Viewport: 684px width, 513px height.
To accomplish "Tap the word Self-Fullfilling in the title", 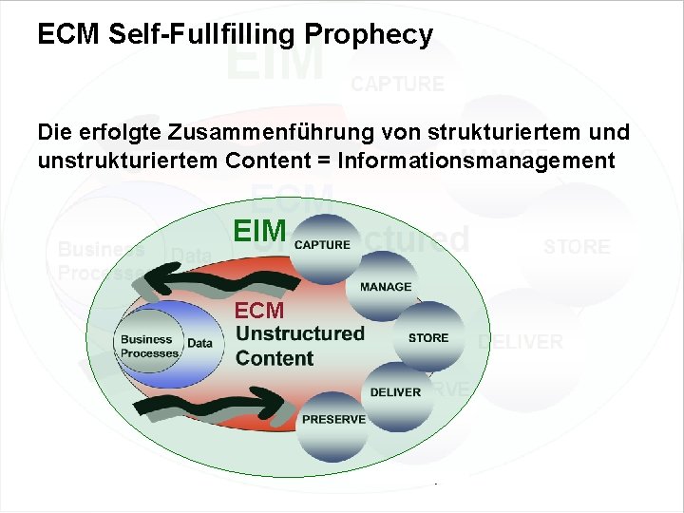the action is [x=205, y=36].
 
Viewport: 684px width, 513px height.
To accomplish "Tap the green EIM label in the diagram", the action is [x=259, y=230].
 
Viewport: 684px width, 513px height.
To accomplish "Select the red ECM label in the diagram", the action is [x=258, y=310].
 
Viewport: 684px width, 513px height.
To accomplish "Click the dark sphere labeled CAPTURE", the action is [x=323, y=244].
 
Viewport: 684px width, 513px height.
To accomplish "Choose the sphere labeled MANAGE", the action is [x=384, y=286].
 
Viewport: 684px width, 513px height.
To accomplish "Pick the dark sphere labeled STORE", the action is [x=427, y=337].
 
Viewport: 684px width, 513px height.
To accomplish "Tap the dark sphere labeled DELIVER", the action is [x=395, y=391].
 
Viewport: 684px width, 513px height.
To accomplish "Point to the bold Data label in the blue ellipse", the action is [x=199, y=343].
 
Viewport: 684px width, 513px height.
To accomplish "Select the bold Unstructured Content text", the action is [x=298, y=346].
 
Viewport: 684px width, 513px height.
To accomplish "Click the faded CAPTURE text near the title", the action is [x=397, y=84].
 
